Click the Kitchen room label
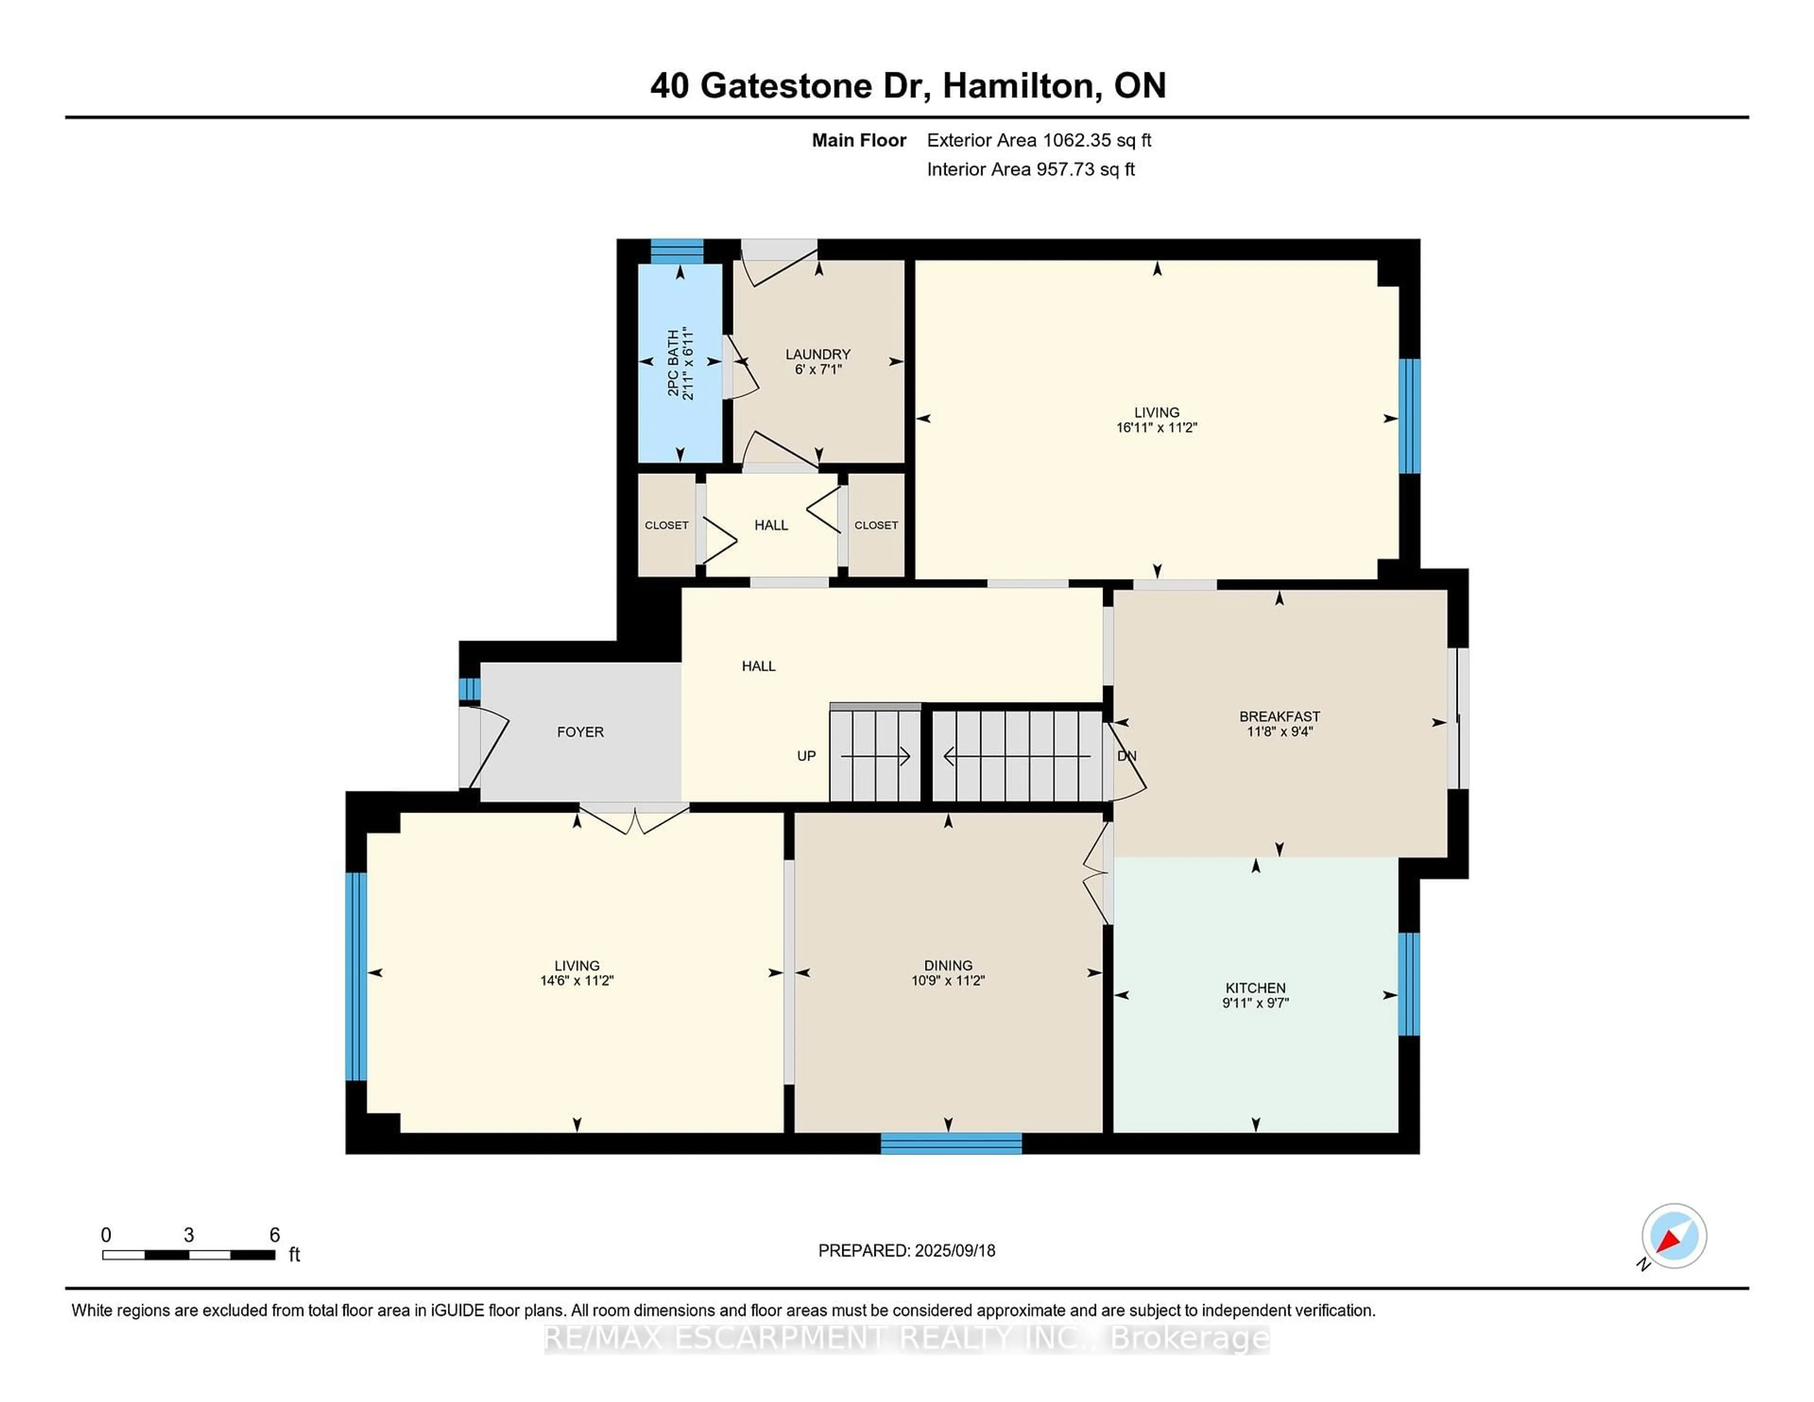1255,988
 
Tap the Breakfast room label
1279,716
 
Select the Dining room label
948,965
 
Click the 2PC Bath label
673,363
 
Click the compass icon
1674,1236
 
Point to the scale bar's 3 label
188,1235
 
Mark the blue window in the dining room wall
951,1144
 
